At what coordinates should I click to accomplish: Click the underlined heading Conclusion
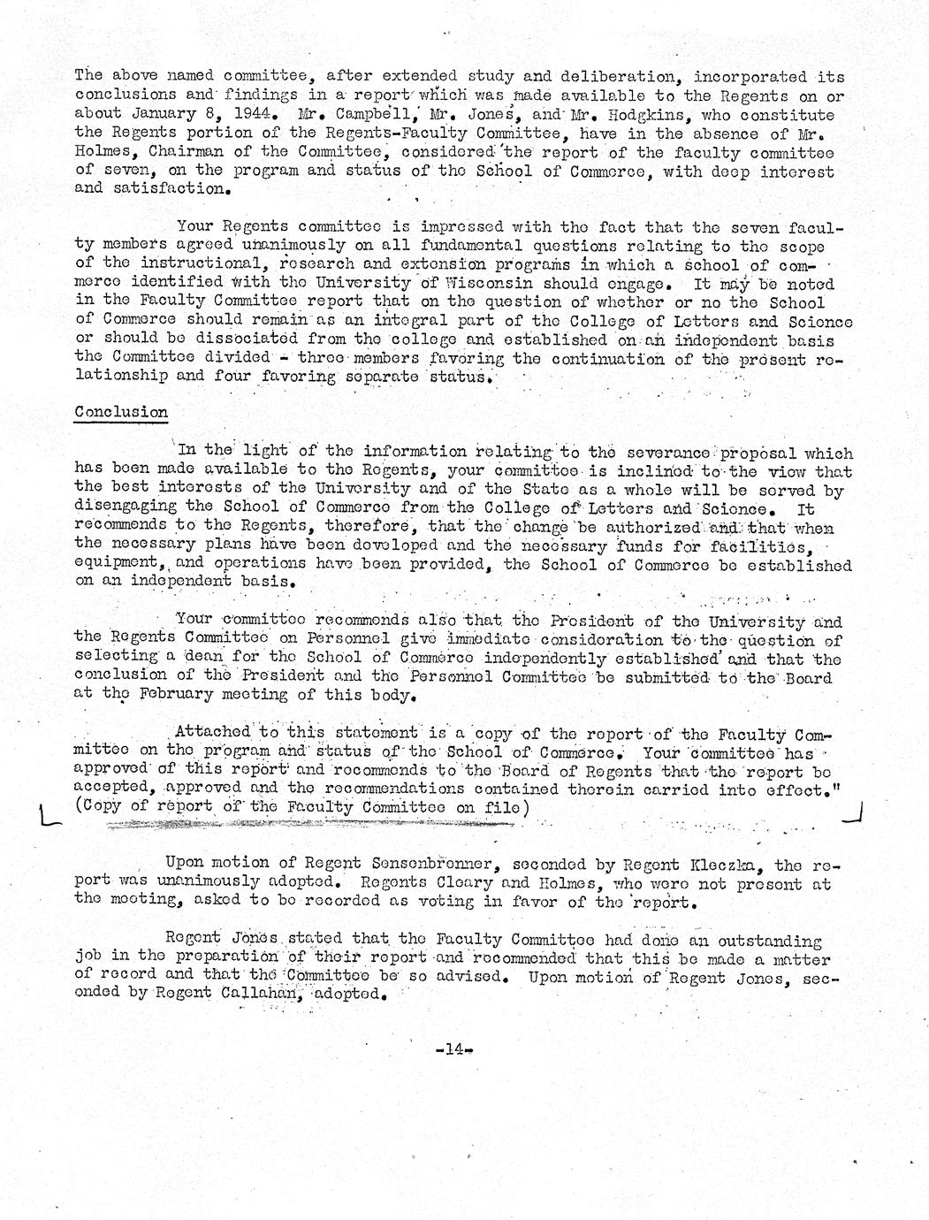click(121, 412)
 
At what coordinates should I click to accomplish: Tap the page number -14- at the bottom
click(455, 1049)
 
